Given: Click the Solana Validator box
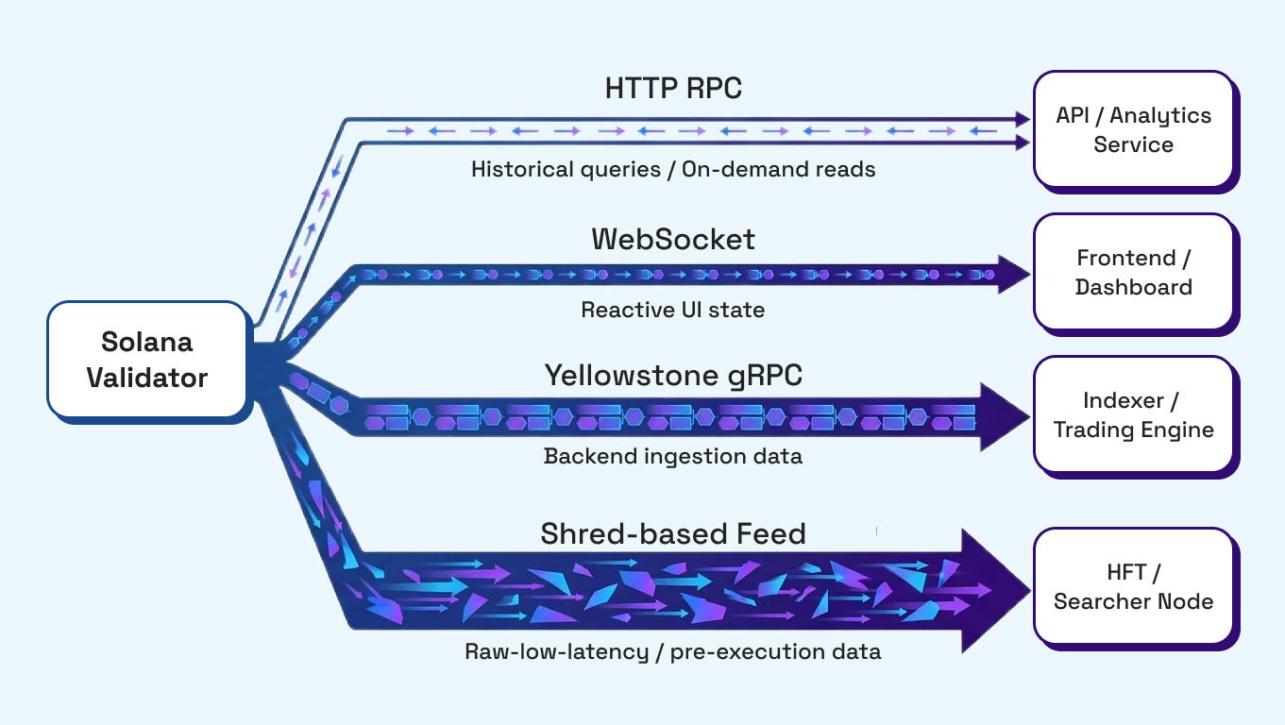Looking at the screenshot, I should click(x=147, y=359).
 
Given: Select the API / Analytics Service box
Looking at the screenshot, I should click(x=1133, y=129).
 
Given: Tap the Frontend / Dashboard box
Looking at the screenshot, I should click(x=1133, y=272).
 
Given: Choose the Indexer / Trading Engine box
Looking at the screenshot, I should click(x=1133, y=415).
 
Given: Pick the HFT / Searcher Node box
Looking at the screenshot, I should click(x=1133, y=586).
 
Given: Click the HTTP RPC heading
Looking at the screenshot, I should click(x=673, y=89).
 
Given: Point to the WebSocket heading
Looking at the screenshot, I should click(x=673, y=239).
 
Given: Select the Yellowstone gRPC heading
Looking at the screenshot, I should click(x=673, y=376).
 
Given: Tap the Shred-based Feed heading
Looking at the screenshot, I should click(x=673, y=534).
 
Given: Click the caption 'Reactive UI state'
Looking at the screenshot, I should click(x=673, y=310).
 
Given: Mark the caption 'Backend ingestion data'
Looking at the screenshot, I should click(x=673, y=456).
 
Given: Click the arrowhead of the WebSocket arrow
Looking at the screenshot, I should click(x=1012, y=275).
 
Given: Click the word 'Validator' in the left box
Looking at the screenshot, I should click(x=147, y=378).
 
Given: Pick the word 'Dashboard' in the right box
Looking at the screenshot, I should click(x=1133, y=287).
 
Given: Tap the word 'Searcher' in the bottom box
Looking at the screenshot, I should click(x=1100, y=601).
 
